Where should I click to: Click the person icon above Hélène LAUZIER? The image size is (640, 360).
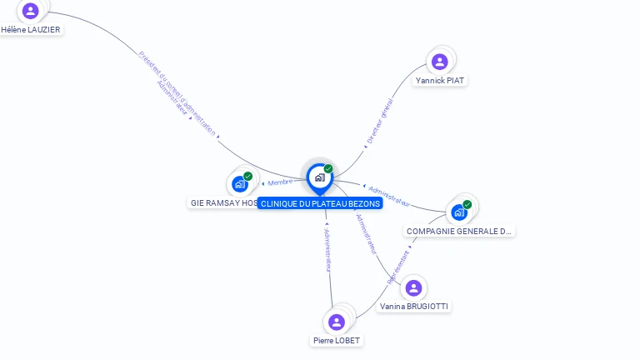[x=31, y=11]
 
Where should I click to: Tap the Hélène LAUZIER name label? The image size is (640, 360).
[x=31, y=29]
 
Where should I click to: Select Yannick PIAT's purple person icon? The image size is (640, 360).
[x=440, y=62]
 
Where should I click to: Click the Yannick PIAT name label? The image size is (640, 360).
[x=440, y=80]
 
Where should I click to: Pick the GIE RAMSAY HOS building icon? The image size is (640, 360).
[x=240, y=184]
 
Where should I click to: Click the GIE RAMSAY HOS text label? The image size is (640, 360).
[x=223, y=203]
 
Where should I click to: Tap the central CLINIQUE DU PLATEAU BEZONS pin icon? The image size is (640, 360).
[x=319, y=177]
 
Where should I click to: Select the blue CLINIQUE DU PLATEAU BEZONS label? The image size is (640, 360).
[x=320, y=203]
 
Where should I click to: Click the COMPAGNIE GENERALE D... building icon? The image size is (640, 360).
[x=459, y=212]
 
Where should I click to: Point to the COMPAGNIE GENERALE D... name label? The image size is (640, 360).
[x=459, y=231]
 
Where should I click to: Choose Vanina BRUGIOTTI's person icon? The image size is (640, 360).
[x=413, y=288]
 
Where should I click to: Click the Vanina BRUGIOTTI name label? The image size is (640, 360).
[x=413, y=307]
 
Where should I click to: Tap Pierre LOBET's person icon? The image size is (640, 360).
[x=337, y=322]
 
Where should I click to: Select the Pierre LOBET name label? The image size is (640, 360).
[x=337, y=340]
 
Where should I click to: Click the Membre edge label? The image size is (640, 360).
[x=280, y=182]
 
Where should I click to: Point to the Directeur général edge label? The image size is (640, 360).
[x=380, y=122]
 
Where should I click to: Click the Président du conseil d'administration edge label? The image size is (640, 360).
[x=177, y=93]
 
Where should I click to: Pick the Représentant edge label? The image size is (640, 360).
[x=398, y=266]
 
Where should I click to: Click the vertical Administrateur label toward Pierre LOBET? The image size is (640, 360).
[x=327, y=249]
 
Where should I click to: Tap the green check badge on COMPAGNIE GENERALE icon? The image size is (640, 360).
[x=467, y=204]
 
